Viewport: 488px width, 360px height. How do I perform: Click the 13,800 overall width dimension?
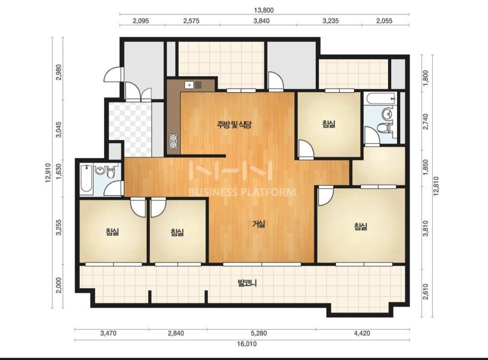[264, 10]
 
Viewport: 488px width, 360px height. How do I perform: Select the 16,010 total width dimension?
[247, 344]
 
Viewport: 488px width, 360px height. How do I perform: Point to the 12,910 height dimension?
[48, 173]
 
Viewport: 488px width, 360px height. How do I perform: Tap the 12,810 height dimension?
[436, 186]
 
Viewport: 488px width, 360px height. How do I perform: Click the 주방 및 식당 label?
[234, 125]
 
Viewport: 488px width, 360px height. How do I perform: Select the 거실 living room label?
[259, 224]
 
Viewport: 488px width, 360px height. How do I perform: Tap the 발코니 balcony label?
[247, 283]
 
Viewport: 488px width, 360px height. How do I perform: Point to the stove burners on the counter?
[173, 141]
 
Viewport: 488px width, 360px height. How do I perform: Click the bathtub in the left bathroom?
[86, 178]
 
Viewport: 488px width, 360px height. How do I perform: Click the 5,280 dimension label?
[259, 333]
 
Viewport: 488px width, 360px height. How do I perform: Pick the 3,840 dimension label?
[261, 21]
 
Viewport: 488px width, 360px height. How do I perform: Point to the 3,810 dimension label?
[426, 228]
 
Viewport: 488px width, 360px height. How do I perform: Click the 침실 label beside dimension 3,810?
[361, 227]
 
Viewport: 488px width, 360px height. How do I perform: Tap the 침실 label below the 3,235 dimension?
[329, 124]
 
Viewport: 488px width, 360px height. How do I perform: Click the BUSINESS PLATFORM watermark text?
[242, 192]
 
